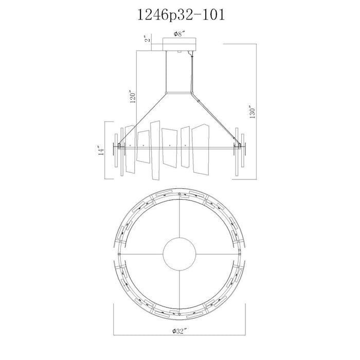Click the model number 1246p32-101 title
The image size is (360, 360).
(x=181, y=15)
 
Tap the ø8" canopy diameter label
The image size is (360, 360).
(x=179, y=34)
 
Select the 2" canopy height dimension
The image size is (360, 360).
(x=148, y=39)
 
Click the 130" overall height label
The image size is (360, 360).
(x=253, y=112)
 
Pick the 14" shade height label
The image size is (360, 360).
(x=101, y=150)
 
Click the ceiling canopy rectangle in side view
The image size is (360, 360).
(x=179, y=44)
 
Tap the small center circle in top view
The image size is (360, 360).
(x=179, y=254)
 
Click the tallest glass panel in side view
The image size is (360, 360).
(x=155, y=150)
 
